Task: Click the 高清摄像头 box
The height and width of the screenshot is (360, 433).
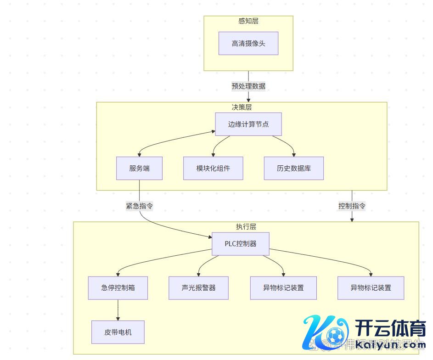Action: coord(248,44)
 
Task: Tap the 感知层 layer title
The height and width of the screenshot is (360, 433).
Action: coord(248,21)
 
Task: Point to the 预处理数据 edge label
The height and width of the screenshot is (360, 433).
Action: coord(248,86)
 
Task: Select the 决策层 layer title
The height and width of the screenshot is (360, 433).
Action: coord(242,107)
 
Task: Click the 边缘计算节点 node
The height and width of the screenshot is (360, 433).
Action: coord(248,124)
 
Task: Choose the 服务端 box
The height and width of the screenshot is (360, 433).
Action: coord(139,169)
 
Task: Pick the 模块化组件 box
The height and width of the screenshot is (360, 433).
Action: coord(213,169)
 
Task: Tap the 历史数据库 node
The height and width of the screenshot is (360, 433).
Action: coord(294,169)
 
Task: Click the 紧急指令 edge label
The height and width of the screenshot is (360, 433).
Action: coord(139,206)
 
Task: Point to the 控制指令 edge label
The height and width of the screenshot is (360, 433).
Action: coord(352,206)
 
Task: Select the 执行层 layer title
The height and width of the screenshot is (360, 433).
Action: coord(246,227)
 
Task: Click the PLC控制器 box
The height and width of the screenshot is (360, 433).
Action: coord(240,244)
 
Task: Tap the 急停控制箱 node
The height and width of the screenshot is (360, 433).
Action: coord(118,288)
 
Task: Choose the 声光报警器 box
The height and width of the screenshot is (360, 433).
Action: coord(198,288)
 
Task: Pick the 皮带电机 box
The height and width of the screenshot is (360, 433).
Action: coord(118,332)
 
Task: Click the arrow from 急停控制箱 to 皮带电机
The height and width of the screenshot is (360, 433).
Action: coord(118,310)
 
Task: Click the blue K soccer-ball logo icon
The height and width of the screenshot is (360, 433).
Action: coord(324,333)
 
